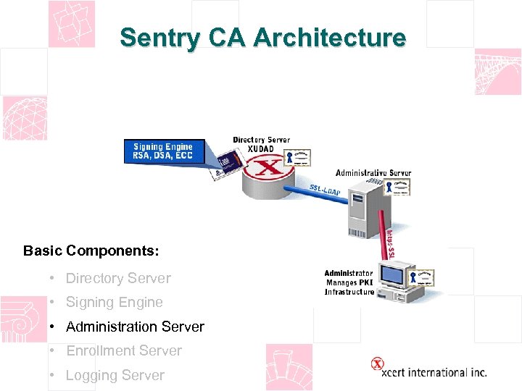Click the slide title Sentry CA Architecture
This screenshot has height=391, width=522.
262,38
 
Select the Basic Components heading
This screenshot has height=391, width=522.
91,251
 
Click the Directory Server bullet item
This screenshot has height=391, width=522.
118,278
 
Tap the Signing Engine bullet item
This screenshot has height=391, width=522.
114,302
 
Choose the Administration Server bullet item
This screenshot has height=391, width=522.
135,327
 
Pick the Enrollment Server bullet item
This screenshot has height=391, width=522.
123,350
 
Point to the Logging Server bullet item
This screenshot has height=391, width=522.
115,375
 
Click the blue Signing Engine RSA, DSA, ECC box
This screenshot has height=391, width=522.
163,151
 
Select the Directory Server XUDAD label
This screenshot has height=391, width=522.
260,143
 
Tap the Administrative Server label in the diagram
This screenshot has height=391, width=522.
373,173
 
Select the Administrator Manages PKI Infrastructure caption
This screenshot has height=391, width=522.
349,282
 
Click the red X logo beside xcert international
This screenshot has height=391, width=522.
377,364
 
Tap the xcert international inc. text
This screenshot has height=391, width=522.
434,372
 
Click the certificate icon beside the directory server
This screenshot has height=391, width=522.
298,158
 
